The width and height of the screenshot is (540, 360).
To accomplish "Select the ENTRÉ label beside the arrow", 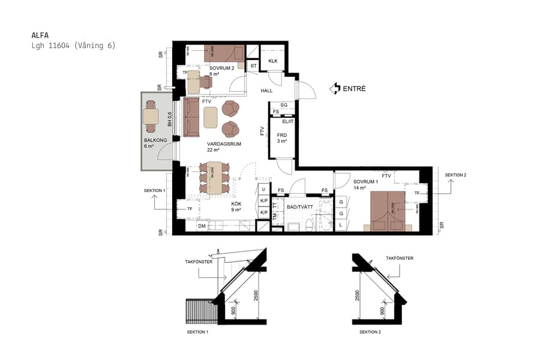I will point(354,89).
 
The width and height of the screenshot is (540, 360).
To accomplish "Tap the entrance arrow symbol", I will point(334,89).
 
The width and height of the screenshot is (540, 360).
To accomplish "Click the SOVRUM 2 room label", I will point(221,68).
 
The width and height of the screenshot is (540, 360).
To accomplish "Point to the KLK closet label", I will point(273,62).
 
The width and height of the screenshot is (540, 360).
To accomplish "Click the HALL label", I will point(266,91).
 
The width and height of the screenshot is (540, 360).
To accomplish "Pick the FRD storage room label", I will point(281,135).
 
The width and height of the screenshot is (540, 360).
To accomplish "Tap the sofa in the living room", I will point(192,116).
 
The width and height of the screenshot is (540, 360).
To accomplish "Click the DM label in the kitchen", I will point(202,226).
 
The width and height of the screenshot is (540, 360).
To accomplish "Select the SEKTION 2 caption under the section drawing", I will point(370,332).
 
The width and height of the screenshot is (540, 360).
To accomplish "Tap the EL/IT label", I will point(280,121).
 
